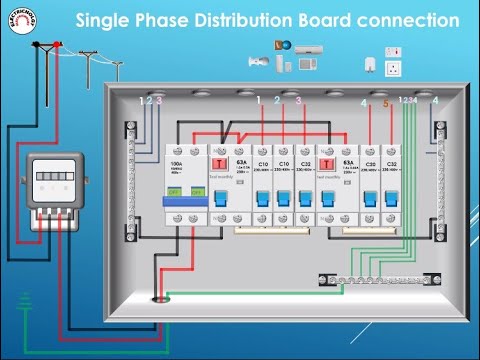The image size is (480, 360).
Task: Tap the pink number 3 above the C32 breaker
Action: tap(299, 101)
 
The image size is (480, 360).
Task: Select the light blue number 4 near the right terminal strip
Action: tap(435, 101)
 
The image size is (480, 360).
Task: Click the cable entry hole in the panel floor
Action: tap(157, 298)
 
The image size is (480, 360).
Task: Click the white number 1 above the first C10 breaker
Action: tap(259, 101)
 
